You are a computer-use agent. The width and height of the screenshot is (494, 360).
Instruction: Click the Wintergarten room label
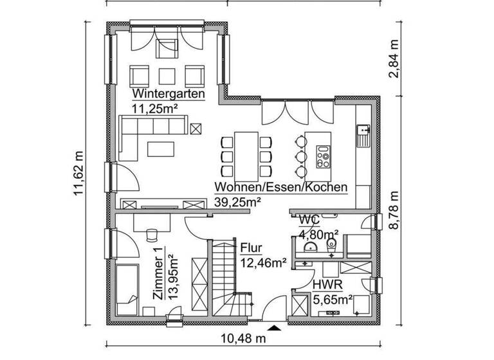click(168, 94)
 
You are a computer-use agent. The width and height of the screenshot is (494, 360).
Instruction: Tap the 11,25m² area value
click(155, 108)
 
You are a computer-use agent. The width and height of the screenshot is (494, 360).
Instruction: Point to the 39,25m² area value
click(237, 202)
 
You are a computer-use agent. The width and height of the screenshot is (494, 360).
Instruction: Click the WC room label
click(309, 220)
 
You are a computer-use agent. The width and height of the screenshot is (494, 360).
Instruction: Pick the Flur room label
click(250, 248)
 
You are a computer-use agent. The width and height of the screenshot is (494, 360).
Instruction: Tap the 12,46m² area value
click(263, 262)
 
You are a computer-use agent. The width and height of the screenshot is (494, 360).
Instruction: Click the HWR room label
click(324, 284)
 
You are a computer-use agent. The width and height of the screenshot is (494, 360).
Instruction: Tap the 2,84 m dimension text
click(394, 60)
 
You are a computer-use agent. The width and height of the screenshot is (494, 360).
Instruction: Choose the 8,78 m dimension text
click(394, 210)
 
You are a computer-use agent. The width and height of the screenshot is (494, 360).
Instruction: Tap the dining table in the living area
click(245, 154)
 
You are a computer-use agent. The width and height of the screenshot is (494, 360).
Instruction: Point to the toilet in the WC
click(332, 246)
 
